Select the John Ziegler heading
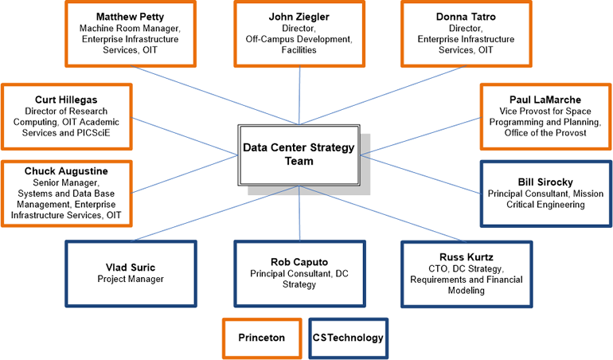[299, 16]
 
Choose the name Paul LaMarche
[545, 100]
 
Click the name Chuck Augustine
[66, 171]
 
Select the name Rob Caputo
[299, 261]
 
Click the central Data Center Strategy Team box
[299, 155]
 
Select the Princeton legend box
[261, 338]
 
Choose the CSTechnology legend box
[348, 338]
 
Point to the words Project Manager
[130, 279]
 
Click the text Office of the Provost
[545, 133]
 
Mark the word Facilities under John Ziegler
[299, 49]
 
